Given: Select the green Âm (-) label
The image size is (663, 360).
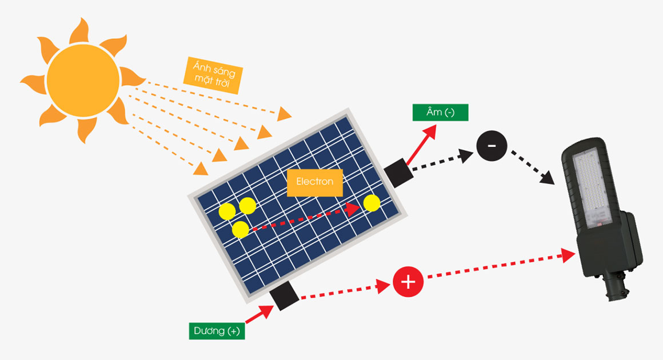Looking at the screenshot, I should pos(440,112).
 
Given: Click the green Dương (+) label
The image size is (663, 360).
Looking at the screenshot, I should pos(217,331).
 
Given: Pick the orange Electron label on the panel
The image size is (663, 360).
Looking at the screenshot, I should pos(314,182).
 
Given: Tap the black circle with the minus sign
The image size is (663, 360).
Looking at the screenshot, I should pos(492,147).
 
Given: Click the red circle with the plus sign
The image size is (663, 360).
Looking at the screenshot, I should pos(408,281).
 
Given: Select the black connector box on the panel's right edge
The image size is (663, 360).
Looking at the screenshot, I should pos(398,173).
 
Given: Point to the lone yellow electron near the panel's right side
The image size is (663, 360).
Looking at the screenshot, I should pos(372,203).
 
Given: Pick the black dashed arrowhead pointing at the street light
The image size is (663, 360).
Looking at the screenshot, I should pos(549,178).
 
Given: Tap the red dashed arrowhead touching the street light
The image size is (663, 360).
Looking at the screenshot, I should pos(569,255).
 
